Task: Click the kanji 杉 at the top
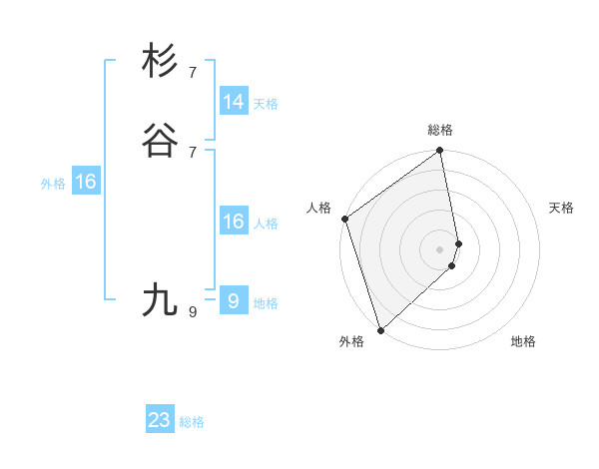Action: (x=160, y=62)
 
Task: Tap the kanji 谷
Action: (x=160, y=140)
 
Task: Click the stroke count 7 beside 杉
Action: (x=193, y=73)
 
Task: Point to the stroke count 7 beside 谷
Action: (x=193, y=152)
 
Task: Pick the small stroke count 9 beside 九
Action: (x=193, y=312)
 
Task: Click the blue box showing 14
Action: (x=234, y=102)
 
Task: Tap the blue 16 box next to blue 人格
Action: (x=234, y=222)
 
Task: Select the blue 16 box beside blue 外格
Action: (x=86, y=182)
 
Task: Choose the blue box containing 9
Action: (x=234, y=300)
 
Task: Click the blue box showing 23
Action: (x=160, y=420)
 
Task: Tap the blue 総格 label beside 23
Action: (x=192, y=422)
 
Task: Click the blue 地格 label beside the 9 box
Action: (x=266, y=303)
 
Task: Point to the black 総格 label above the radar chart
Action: (x=440, y=130)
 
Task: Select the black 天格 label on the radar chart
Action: (x=562, y=208)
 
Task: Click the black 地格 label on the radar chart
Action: (x=523, y=341)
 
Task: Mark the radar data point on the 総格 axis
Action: (x=440, y=152)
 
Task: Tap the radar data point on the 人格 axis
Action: (x=344, y=219)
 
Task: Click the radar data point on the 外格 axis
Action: (x=380, y=329)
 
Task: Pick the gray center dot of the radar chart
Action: (x=440, y=248)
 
